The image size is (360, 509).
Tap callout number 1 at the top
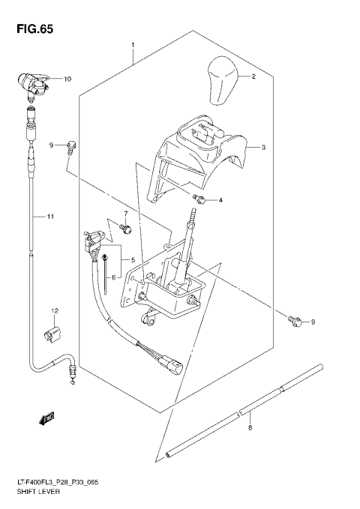[133, 45]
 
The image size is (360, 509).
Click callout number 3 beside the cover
[264, 148]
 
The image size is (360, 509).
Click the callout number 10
[67, 79]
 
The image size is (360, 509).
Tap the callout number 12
[54, 310]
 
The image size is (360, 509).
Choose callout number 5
[133, 260]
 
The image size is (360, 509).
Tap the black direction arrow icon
[49, 418]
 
